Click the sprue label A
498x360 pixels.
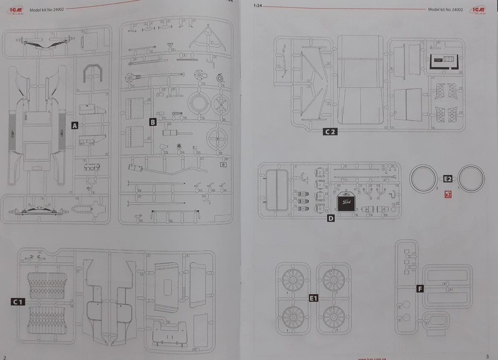[74, 126]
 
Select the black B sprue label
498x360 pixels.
[153, 122]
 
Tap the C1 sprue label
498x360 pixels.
[18, 302]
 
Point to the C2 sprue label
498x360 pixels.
[330, 131]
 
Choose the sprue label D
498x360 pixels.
[331, 218]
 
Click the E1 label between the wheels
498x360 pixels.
[313, 298]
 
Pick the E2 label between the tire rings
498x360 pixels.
[448, 179]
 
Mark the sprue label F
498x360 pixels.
[420, 288]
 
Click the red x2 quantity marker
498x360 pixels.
[448, 194]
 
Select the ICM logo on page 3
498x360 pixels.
[478, 9]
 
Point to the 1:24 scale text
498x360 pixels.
[257, 6]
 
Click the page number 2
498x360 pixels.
[5, 357]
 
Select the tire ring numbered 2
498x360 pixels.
[424, 178]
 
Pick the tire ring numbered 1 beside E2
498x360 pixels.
[471, 178]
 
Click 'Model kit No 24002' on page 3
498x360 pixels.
[445, 9]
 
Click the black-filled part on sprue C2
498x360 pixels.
[445, 61]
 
